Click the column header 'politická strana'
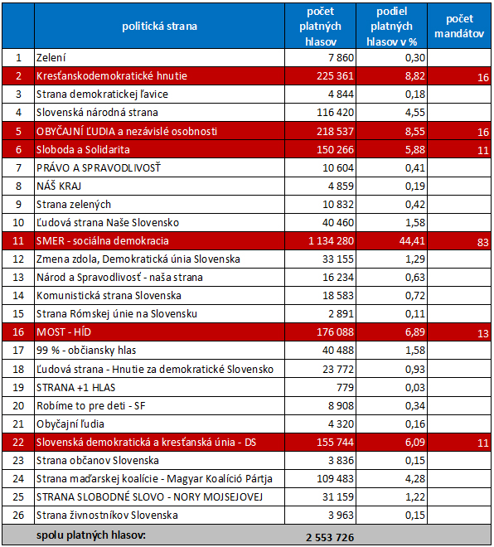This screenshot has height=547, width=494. point(159,27)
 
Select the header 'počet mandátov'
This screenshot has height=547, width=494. point(459,27)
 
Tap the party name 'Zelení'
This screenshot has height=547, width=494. point(51,57)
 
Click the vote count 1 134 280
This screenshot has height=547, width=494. point(331,240)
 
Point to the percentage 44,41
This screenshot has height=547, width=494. point(412,240)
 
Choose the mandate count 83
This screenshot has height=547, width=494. point(483,242)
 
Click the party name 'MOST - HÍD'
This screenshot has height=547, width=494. point(64,332)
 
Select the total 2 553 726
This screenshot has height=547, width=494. point(330,537)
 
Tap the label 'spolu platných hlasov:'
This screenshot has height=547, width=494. point(91,535)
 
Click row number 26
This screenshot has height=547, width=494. point(18,515)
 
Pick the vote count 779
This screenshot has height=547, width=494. point(346,387)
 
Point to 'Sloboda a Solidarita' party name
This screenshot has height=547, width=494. point(83,150)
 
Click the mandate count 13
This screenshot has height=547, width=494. point(483,333)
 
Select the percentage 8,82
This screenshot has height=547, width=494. point(415,75)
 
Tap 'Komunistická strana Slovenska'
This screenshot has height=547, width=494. point(109,296)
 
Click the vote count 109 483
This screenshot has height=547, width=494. point(335,479)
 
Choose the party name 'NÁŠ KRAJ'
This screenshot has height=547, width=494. point(59,186)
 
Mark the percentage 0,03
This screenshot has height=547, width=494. point(415,387)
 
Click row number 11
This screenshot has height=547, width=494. point(18,240)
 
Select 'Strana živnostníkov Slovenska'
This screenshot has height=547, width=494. point(107,515)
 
